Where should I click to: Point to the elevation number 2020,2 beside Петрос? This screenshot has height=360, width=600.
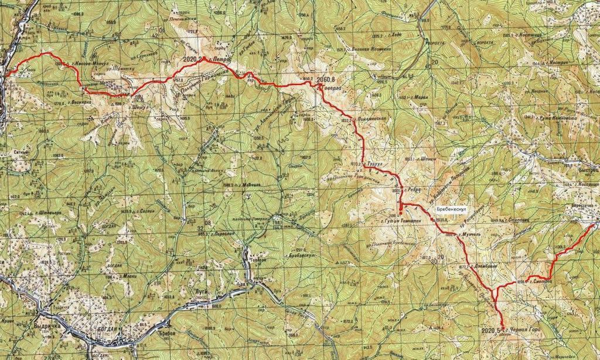tap(192, 60)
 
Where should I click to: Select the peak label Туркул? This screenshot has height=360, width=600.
tap(373, 165)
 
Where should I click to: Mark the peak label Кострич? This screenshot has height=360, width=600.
tap(554, 62)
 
